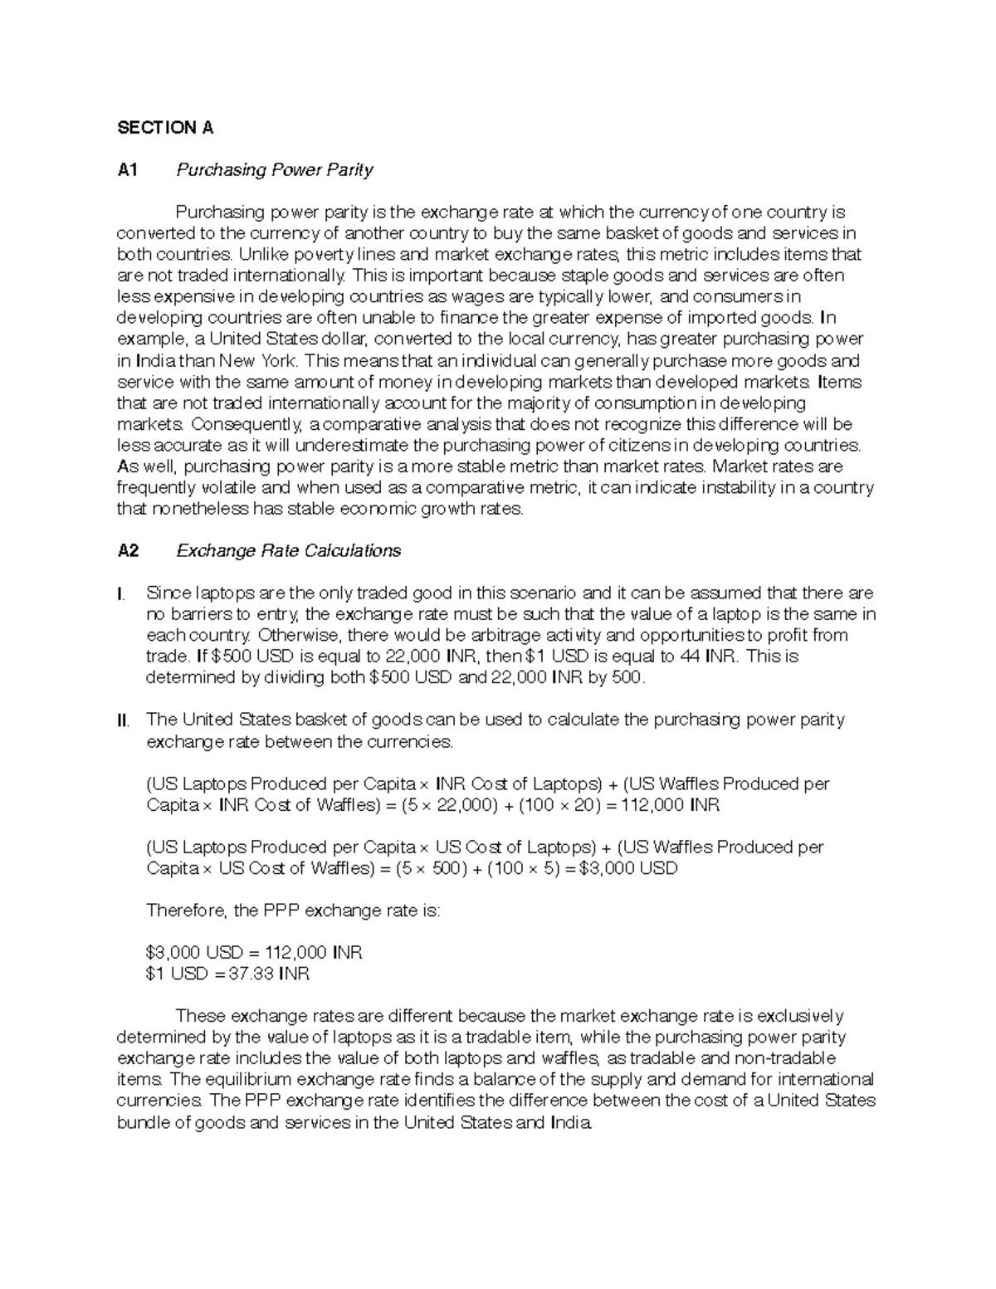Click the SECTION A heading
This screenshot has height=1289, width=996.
click(x=165, y=128)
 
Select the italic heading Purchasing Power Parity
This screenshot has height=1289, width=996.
click(x=274, y=170)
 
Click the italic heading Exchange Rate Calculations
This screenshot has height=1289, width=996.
click(x=289, y=551)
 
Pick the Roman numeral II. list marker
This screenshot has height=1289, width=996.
click(x=124, y=720)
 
